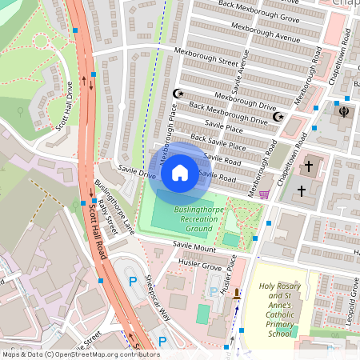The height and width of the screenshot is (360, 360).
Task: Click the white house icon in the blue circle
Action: tap(180, 172)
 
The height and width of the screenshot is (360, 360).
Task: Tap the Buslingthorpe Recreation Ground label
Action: tap(193, 219)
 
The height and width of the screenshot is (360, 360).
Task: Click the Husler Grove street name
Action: tap(201, 266)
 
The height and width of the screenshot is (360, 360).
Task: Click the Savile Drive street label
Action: tap(136, 172)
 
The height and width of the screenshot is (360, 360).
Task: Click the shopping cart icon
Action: tap(264, 194)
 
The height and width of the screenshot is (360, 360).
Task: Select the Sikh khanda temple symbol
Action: tap(345, 111)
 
